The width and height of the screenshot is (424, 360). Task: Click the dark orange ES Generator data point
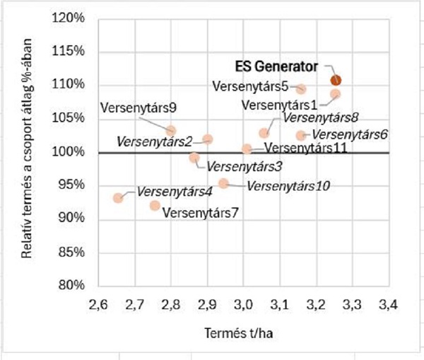336,80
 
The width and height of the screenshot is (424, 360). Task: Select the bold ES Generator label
277,66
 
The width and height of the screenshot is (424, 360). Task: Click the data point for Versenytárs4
118,198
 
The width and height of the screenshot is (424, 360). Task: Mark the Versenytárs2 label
155,141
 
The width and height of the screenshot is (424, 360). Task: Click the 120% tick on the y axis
68,18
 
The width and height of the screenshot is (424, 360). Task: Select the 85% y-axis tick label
71,251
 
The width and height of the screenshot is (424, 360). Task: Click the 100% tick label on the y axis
68,151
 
